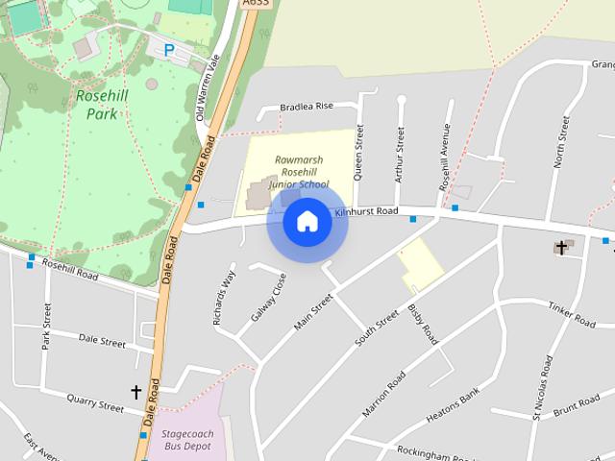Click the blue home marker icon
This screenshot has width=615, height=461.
point(307,222)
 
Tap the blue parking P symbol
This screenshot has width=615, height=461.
point(169,51)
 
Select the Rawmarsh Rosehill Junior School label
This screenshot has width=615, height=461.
point(298,172)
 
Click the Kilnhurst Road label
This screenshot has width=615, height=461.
point(366,210)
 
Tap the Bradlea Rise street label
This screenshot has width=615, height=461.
point(307,107)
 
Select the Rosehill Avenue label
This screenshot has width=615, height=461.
point(445,158)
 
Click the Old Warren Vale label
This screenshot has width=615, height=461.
point(203,92)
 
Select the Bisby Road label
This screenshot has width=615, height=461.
point(423,323)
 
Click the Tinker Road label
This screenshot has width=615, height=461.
point(573,312)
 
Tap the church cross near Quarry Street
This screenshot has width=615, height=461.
point(136,392)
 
